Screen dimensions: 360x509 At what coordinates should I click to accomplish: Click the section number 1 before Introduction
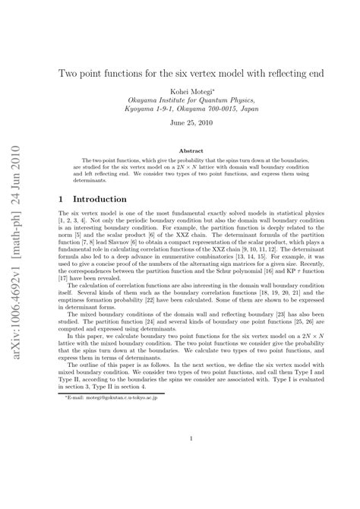tap(62, 197)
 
